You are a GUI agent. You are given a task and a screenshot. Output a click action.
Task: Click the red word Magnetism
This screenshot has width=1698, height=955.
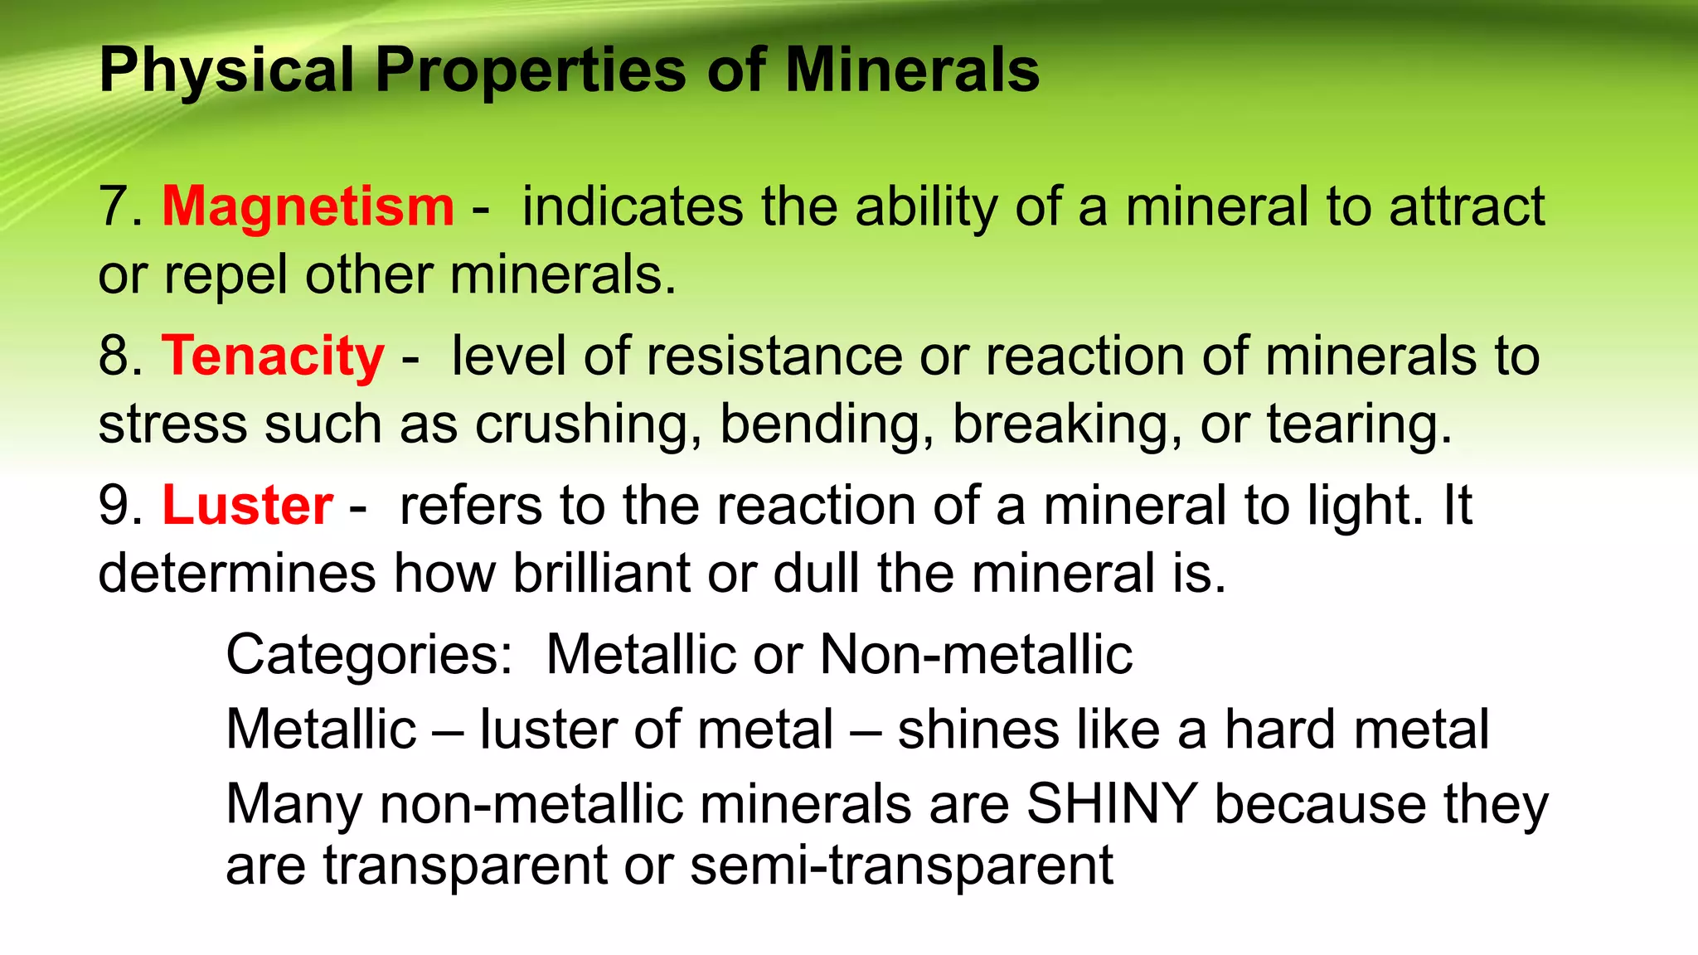308,207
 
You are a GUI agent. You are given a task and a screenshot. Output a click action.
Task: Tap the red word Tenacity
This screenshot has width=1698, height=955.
273,356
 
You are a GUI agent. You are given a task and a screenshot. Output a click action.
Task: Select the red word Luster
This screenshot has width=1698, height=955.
247,506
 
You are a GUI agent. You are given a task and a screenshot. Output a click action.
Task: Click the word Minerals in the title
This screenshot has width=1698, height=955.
912,70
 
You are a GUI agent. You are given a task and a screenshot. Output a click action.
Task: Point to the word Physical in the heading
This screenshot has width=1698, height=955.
226,70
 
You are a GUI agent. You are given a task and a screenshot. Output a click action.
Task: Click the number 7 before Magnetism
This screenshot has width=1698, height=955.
114,207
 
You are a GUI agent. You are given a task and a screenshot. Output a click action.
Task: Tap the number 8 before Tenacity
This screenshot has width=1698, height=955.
114,356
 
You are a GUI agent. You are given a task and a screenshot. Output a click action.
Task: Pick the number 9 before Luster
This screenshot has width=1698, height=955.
114,506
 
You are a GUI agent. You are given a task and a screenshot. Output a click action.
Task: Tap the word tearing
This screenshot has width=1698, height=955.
1359,424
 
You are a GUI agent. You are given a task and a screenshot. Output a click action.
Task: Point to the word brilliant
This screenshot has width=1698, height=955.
601,574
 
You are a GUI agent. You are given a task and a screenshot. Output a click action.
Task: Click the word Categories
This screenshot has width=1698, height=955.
369,655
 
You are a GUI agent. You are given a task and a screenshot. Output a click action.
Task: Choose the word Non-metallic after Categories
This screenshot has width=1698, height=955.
976,655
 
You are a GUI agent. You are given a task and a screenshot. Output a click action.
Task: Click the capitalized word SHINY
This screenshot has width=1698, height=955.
1111,804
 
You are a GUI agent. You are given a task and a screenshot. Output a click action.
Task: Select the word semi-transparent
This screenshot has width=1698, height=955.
901,865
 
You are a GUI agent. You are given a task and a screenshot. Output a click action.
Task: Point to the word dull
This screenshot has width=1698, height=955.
816,574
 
